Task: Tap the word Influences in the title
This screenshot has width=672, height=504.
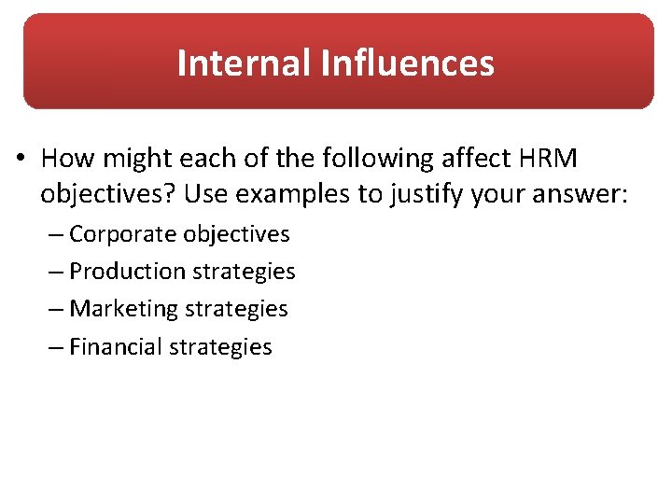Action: (x=407, y=63)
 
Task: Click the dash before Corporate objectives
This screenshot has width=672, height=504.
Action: (x=58, y=234)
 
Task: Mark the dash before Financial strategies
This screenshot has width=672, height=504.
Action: (x=58, y=347)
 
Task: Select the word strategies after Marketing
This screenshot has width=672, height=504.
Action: (x=236, y=309)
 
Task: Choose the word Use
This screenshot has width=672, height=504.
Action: (x=203, y=195)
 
